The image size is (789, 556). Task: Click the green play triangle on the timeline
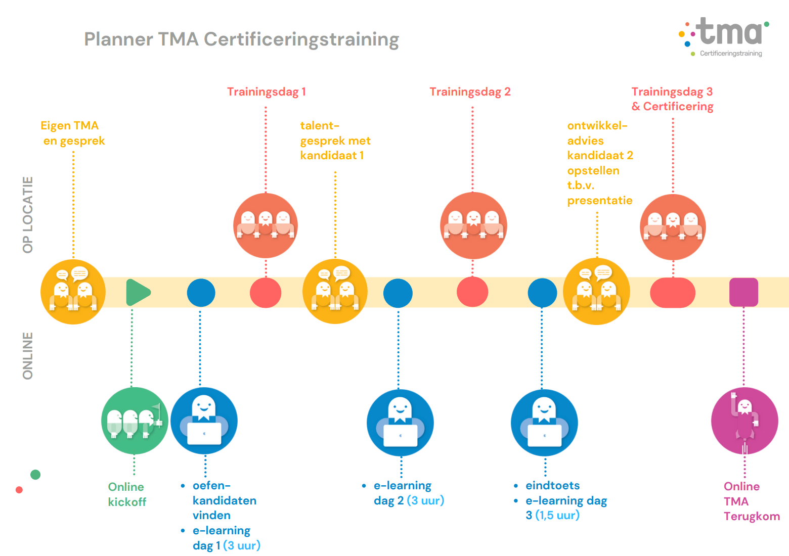[137, 292]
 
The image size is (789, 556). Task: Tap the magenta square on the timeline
[743, 292]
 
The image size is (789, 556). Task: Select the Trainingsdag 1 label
[266, 92]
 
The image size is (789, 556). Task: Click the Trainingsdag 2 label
[470, 92]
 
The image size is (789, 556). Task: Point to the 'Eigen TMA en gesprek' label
[72, 133]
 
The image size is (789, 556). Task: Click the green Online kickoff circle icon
[135, 421]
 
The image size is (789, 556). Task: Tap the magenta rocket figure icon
[744, 421]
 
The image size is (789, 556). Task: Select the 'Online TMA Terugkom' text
[751, 501]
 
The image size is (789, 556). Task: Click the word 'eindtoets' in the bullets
[552, 486]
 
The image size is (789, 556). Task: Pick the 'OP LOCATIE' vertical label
[28, 214]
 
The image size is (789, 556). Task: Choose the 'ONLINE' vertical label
[28, 355]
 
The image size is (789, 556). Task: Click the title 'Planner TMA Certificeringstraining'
[241, 39]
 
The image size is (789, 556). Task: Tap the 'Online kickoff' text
[127, 494]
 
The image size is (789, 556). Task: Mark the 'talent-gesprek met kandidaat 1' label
[335, 141]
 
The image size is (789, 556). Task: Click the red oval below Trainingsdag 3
[672, 293]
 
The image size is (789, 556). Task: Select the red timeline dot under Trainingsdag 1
[266, 293]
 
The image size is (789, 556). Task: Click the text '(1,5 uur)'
[557, 516]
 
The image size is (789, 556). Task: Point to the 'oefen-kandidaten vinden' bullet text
[224, 500]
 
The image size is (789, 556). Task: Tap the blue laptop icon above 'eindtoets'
[544, 423]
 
